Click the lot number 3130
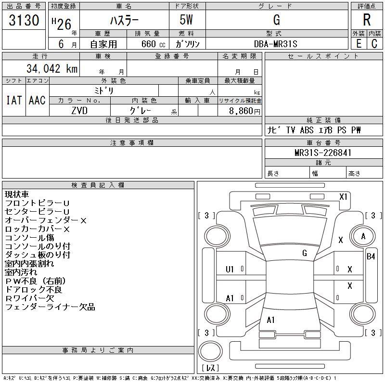click(x=24, y=20)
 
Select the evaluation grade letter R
click(x=367, y=20)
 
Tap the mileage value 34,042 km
click(x=52, y=68)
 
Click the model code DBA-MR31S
click(x=275, y=44)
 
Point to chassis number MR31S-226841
click(x=323, y=153)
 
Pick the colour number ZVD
click(x=79, y=111)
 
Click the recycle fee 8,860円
click(x=244, y=111)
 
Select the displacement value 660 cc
click(x=153, y=44)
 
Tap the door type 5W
click(x=186, y=20)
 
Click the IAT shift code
click(x=14, y=100)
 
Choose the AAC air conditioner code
click(x=37, y=100)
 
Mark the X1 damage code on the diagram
click(x=343, y=196)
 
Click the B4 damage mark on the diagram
click(x=371, y=257)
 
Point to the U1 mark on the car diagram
click(x=230, y=269)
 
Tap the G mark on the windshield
click(x=305, y=253)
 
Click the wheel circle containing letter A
click(x=363, y=236)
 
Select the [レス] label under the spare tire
click(x=210, y=368)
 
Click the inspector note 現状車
click(x=17, y=194)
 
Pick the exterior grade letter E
click(x=359, y=44)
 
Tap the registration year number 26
click(x=64, y=25)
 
